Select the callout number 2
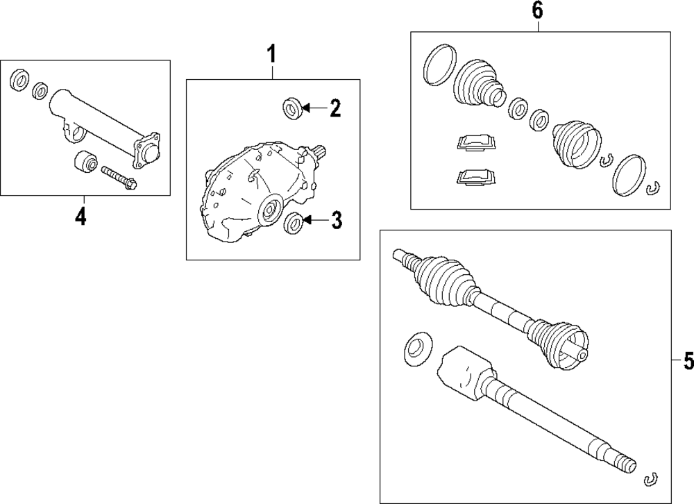(x=335, y=108)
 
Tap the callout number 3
(x=336, y=221)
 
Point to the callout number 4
(x=81, y=217)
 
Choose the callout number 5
(x=687, y=361)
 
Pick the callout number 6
(x=537, y=12)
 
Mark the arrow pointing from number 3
(x=314, y=221)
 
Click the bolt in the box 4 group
(x=119, y=177)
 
